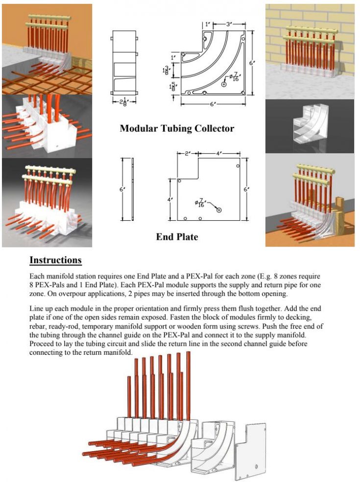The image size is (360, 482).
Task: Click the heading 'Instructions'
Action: pos(55,260)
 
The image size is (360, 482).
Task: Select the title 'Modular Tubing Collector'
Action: pos(177,129)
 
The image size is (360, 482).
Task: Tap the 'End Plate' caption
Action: pos(177,237)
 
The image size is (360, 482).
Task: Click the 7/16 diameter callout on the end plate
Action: pos(200,203)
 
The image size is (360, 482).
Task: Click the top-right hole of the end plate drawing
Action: pos(237,166)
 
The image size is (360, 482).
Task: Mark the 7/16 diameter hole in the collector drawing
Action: pos(224,85)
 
